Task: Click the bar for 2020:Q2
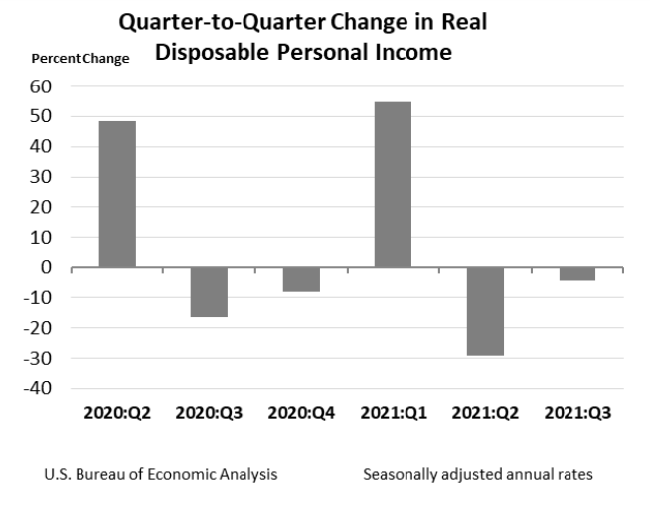pyautogui.click(x=117, y=194)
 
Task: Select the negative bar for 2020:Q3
pyautogui.click(x=209, y=291)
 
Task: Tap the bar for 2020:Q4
pyautogui.click(x=301, y=279)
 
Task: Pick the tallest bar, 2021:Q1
pyautogui.click(x=393, y=184)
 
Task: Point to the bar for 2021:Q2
pyautogui.click(x=485, y=311)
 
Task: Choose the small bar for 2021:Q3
pyautogui.click(x=576, y=273)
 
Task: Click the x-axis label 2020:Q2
pyautogui.click(x=116, y=413)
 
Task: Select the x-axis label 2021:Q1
pyautogui.click(x=393, y=413)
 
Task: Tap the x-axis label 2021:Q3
pyautogui.click(x=576, y=413)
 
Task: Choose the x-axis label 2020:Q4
pyautogui.click(x=300, y=413)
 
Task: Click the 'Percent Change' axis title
pyautogui.click(x=81, y=59)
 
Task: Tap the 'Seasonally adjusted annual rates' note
pyautogui.click(x=477, y=474)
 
